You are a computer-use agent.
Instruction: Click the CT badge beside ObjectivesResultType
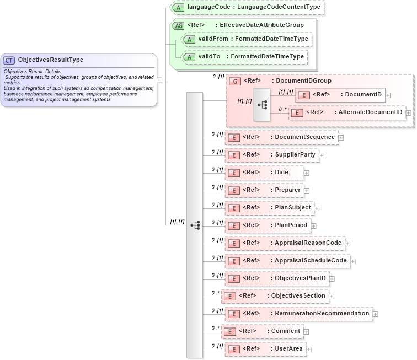tap(9, 60)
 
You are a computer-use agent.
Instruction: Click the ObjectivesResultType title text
tap(51, 60)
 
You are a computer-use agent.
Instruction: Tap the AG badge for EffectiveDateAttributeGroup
tap(178, 25)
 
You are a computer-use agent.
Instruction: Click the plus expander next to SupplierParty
tap(322, 155)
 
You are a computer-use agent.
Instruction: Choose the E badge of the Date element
tap(234, 173)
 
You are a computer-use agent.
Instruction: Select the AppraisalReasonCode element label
tap(308, 243)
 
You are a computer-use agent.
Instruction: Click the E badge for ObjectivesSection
tap(229, 296)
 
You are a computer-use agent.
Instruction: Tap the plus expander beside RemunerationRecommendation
tap(376, 314)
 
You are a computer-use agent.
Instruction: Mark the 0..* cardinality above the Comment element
tap(215, 327)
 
